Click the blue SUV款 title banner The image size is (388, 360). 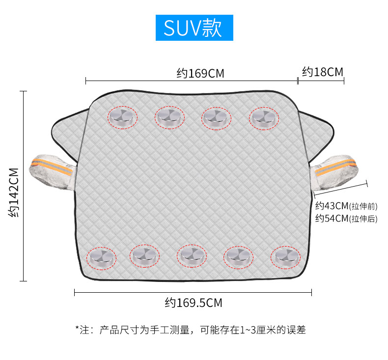[194, 28]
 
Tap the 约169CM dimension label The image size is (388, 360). [200, 74]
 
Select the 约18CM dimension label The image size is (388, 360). [322, 72]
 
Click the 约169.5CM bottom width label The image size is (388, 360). [193, 303]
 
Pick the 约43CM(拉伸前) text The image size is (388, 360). [346, 206]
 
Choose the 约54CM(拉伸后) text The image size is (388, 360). [346, 219]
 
